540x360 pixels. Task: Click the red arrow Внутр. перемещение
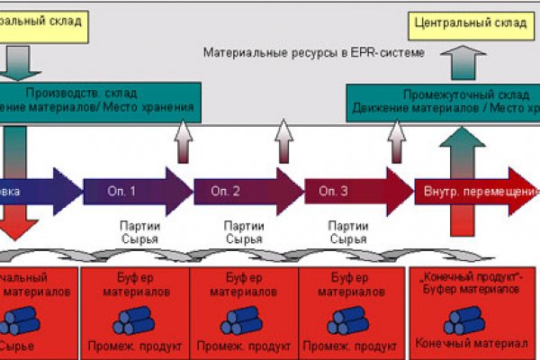point(472,191)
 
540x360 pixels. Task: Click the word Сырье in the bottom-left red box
point(20,344)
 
